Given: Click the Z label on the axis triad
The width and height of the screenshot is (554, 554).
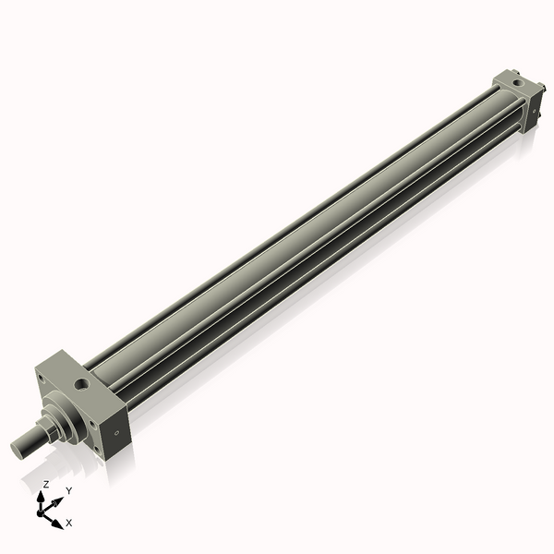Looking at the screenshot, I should tap(46, 484).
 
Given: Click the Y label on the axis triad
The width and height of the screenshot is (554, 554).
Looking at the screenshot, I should tap(68, 490).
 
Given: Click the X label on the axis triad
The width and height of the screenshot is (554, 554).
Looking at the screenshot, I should tap(69, 523).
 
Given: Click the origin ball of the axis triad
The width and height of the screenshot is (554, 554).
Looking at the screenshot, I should tap(42, 510).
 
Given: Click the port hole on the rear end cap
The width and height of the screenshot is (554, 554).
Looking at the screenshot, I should tap(522, 89).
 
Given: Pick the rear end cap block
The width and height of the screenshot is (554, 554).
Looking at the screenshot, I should tap(517, 102).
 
